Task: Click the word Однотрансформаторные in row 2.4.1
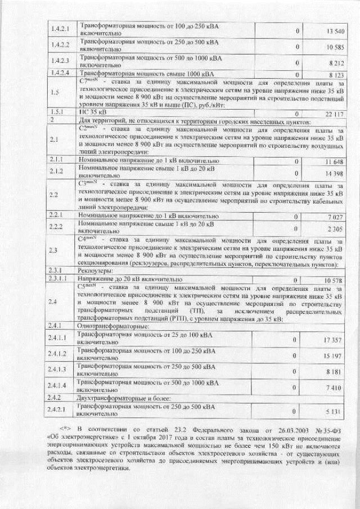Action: pyautogui.click(x=108, y=326)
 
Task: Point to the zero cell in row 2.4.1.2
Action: pyautogui.click(x=294, y=356)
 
